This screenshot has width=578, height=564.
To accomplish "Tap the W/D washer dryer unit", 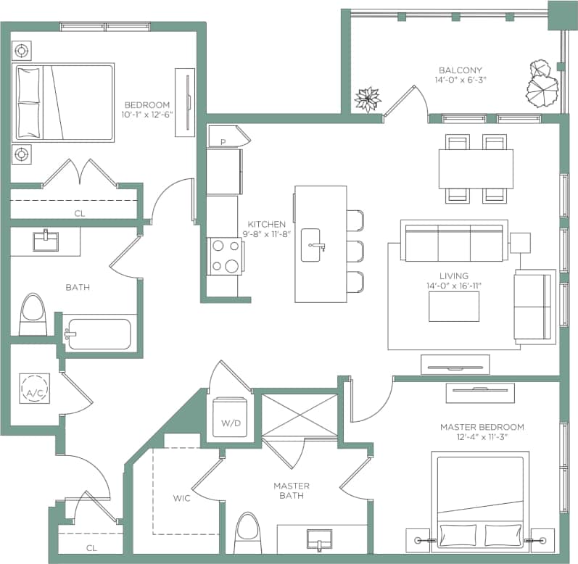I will click(231, 416).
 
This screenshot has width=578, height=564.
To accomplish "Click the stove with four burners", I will click(224, 256).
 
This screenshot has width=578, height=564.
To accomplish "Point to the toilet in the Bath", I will click(33, 314).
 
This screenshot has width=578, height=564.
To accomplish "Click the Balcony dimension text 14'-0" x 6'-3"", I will click(460, 80).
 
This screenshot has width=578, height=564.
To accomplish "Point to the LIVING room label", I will click(453, 276).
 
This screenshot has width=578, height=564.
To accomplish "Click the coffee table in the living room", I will click(453, 307).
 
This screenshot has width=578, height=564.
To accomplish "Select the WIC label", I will click(181, 498).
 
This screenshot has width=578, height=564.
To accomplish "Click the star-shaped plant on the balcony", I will click(368, 99).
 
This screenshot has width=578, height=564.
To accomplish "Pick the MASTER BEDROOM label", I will click(482, 427).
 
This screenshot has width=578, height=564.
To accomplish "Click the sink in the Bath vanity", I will click(45, 239).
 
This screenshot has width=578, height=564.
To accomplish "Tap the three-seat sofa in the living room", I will click(453, 242).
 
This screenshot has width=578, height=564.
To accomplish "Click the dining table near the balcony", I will click(476, 168).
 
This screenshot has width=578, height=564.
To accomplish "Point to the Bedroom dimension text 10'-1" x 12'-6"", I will click(147, 115).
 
